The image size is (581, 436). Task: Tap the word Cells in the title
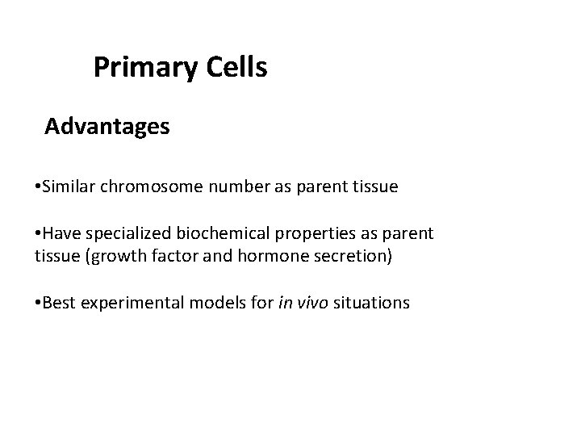236,67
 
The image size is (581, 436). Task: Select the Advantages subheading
107,127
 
